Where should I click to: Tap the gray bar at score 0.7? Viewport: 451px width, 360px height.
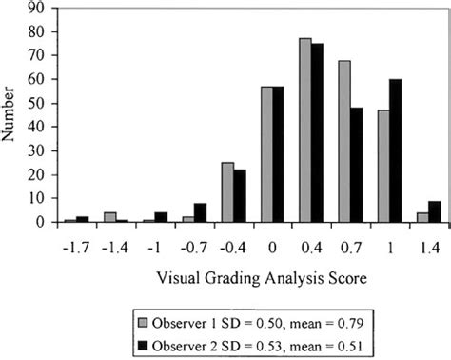pyautogui.click(x=344, y=142)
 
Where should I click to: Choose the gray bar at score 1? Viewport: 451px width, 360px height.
pyautogui.click(x=383, y=167)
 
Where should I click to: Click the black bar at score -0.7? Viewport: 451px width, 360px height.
pyautogui.click(x=200, y=213)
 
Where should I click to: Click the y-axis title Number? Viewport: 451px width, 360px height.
pyautogui.click(x=11, y=114)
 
